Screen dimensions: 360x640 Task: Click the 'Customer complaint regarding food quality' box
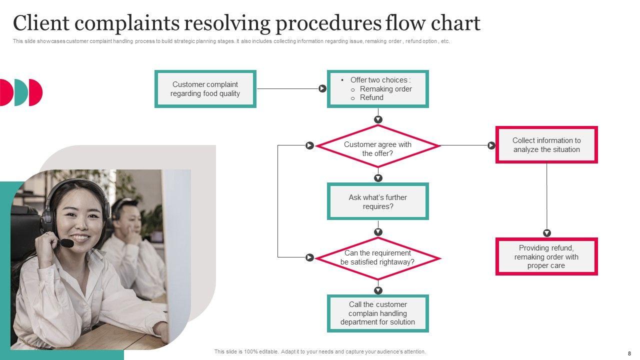tap(205, 89)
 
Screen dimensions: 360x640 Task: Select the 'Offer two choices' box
tap(377, 89)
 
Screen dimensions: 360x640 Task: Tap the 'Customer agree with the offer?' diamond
tap(377, 146)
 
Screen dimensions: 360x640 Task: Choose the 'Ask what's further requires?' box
tap(377, 201)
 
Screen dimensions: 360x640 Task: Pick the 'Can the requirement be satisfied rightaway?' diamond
tap(377, 258)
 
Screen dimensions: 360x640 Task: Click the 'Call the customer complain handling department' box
tap(377, 313)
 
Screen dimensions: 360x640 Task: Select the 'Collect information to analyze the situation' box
tap(546, 145)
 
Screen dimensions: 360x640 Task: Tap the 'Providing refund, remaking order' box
tap(546, 256)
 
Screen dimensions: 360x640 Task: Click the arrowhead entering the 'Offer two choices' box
tap(322, 88)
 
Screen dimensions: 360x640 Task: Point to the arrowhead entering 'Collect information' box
tap(491, 145)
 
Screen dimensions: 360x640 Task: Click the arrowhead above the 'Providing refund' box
tap(546, 233)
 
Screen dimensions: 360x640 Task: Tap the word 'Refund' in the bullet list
tap(371, 97)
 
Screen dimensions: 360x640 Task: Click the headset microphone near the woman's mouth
tap(66, 243)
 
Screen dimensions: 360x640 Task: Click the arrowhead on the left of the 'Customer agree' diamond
tap(309, 145)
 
